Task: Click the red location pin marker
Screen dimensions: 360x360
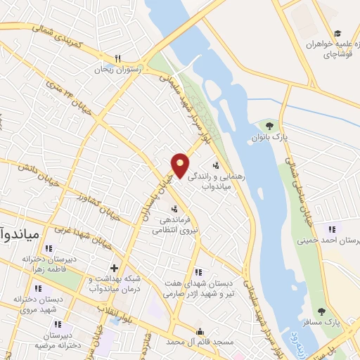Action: pyautogui.click(x=181, y=165)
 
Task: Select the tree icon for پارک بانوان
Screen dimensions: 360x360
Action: pyautogui.click(x=268, y=126)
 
